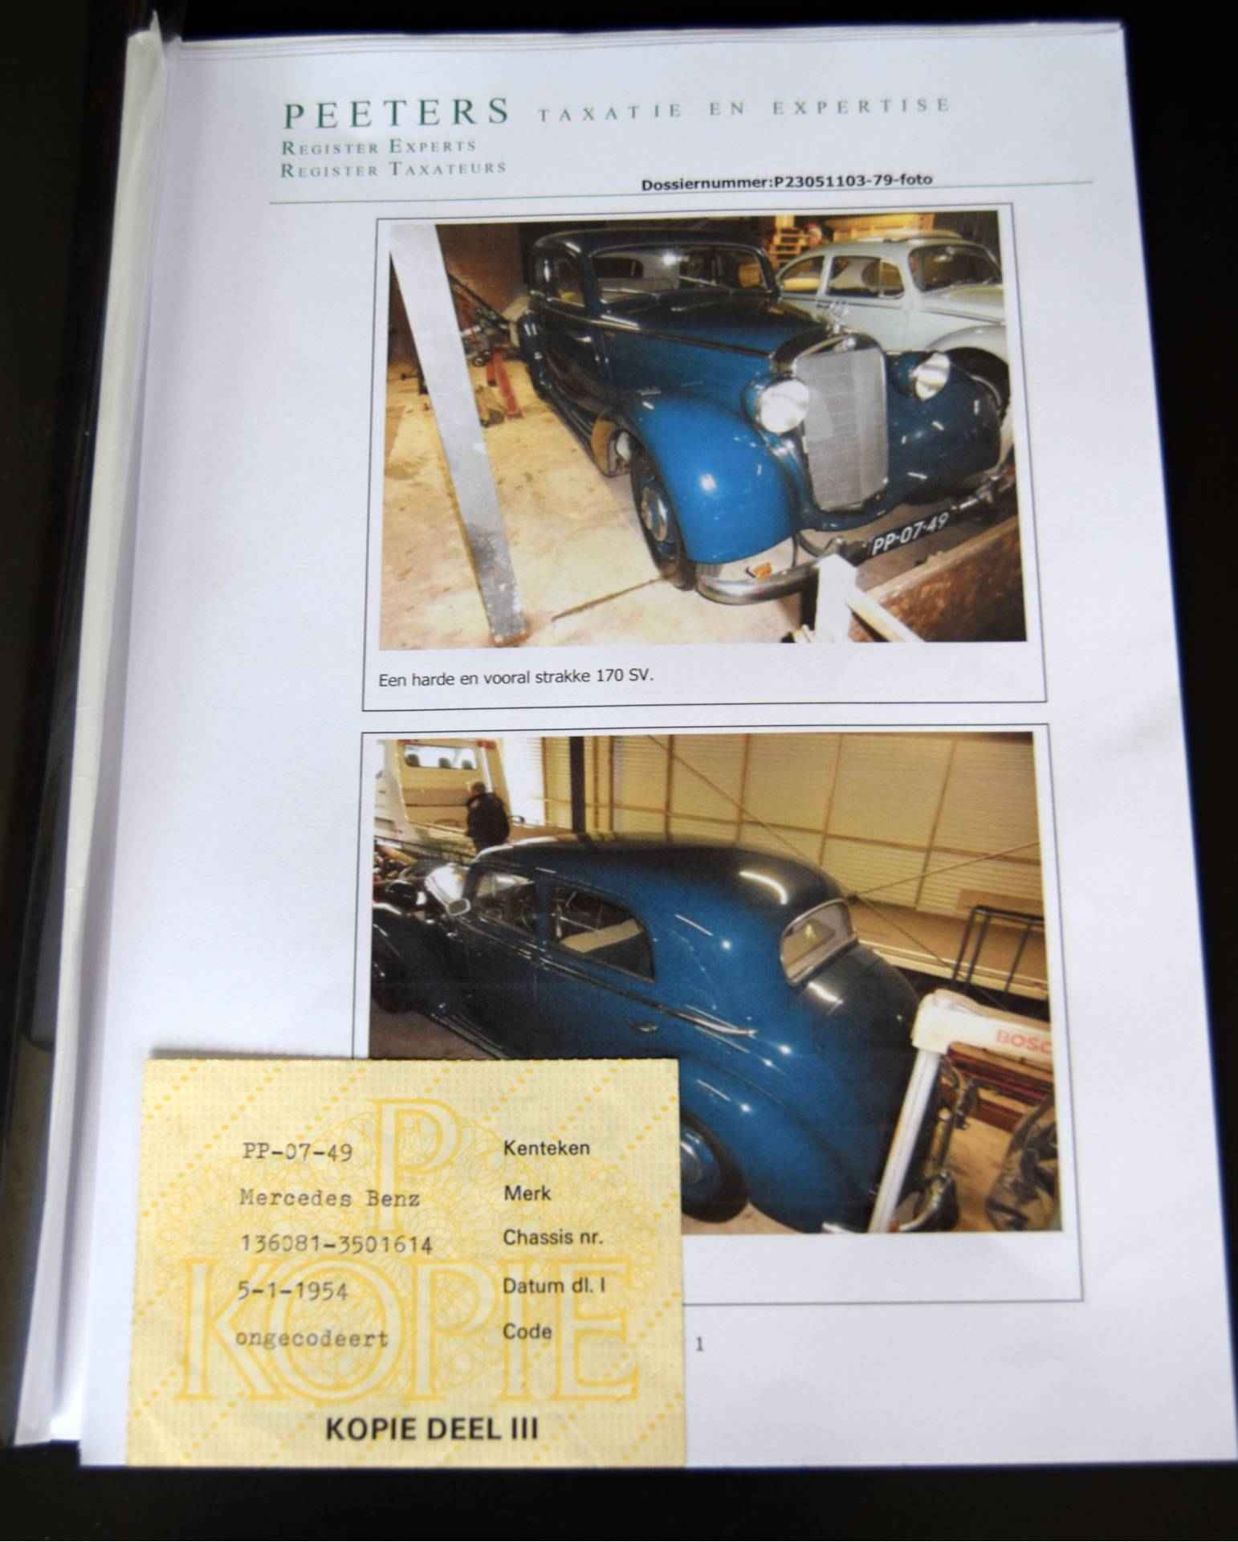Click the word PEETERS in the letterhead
point(397,112)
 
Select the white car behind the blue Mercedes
point(899,305)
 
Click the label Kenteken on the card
point(546,1148)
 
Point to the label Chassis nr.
point(552,1238)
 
